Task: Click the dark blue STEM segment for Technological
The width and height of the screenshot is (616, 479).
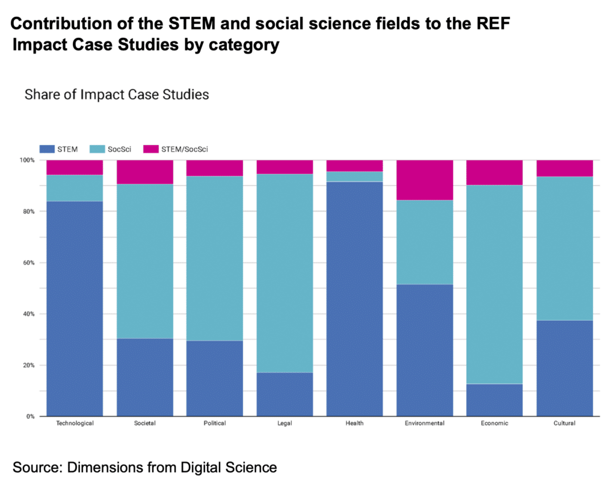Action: coord(75,308)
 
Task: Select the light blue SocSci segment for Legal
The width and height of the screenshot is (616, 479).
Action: coord(285,273)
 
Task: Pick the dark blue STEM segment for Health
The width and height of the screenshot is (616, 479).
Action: coord(354,298)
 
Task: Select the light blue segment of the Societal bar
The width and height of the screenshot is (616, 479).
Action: coord(144,261)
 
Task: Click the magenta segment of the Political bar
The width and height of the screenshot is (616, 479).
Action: coord(215,168)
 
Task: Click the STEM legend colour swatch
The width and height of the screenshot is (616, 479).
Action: coord(48,149)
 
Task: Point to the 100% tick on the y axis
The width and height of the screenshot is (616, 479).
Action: coord(27,160)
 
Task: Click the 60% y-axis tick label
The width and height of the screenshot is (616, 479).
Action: coord(28,263)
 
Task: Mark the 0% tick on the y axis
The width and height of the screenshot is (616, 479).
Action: coord(30,416)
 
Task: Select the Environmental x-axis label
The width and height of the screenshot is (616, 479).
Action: coord(425,423)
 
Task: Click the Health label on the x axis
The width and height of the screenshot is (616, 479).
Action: coord(354,423)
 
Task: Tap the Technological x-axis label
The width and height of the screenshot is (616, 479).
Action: coord(75,423)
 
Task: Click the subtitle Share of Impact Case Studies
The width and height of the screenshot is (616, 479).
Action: coord(117,94)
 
